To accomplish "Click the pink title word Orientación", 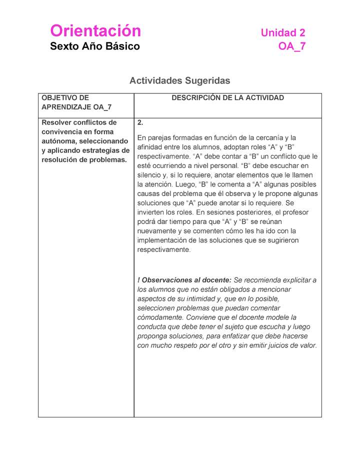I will (95, 31).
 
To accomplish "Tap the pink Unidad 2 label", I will (282, 33).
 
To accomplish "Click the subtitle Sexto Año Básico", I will (95, 46).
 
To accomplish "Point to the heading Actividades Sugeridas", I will (179, 80).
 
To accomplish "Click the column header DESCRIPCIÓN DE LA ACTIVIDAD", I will (227, 98).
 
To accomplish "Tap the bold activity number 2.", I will (140, 122).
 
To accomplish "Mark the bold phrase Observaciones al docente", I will (186, 280).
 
